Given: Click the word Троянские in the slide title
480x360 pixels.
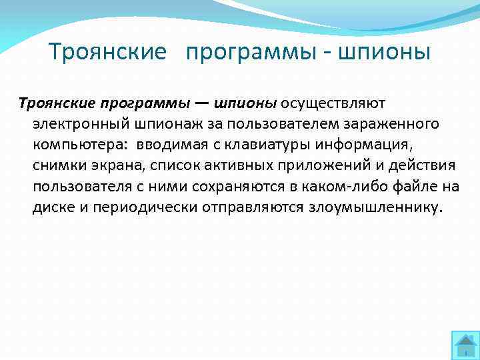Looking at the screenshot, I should point(107,52).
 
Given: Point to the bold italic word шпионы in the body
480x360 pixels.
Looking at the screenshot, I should point(245,103).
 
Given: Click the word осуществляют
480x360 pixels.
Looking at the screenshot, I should point(333,103).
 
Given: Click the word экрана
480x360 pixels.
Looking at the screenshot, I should point(117,165).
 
